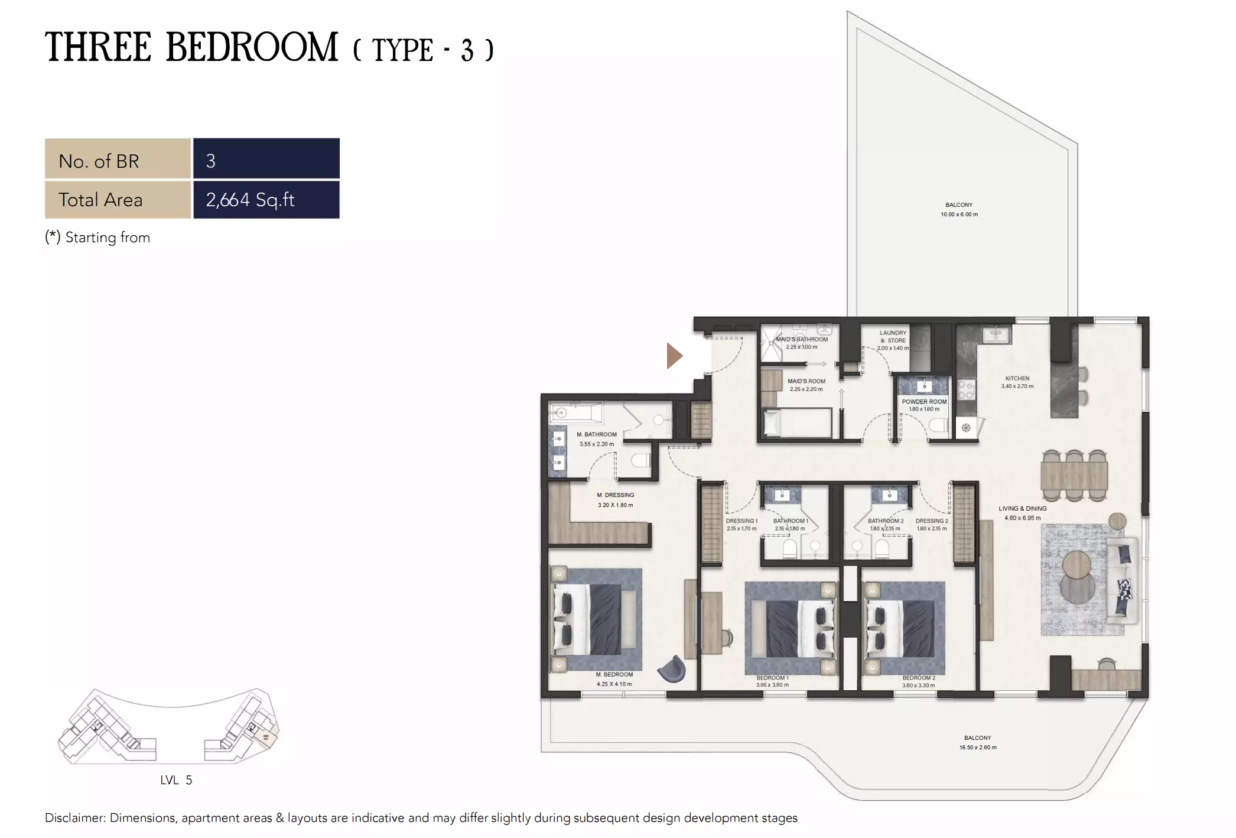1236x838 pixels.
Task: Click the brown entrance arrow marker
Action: pos(674,356)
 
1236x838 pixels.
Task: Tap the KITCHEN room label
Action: pos(1017,378)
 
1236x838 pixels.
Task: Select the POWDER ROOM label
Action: pos(924,401)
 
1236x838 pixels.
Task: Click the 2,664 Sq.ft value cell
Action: pos(266,200)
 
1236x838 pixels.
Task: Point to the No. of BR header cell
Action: pos(118,161)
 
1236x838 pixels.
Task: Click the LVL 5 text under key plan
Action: pos(176,780)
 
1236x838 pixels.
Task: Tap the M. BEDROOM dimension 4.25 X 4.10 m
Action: pos(614,684)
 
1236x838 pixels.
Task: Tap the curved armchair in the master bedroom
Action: pos(673,668)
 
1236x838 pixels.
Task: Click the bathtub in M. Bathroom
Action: pos(575,412)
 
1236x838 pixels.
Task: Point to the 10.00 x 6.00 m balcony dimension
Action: pos(959,215)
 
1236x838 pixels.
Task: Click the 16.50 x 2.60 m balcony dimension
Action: pos(977,748)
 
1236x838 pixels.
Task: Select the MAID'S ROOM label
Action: pos(806,381)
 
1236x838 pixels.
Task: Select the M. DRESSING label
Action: pos(615,495)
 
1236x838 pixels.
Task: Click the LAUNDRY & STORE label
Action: pos(893,336)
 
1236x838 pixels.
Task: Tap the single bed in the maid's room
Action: pos(798,423)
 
